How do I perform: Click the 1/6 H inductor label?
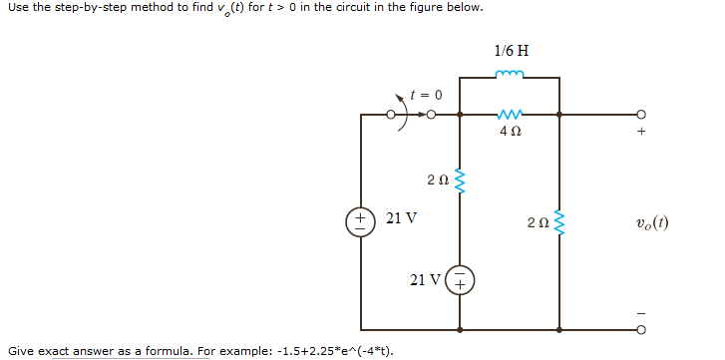coord(511,50)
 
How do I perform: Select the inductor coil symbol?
coord(511,73)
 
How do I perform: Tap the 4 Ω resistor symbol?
coord(510,114)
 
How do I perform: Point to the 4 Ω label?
coord(510,131)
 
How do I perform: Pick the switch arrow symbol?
coord(404,109)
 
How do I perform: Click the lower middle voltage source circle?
coord(460,280)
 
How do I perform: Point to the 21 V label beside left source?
coord(401,217)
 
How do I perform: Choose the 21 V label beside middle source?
coord(427,279)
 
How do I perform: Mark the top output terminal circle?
coord(642,114)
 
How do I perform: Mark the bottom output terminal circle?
coord(642,329)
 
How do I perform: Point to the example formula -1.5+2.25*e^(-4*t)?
coord(321,351)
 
